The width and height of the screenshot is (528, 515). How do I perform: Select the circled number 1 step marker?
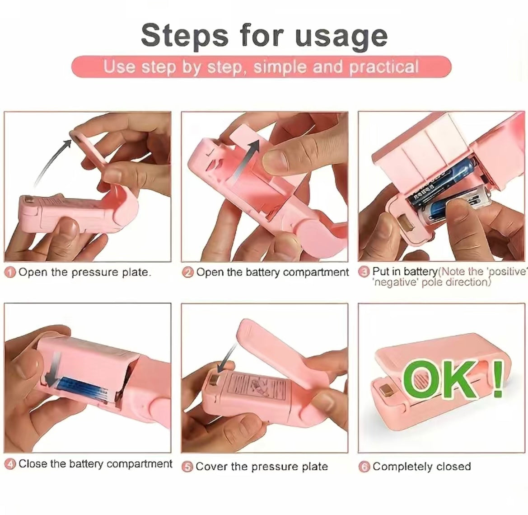click(x=10, y=273)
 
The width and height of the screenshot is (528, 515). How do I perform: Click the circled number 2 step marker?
click(x=188, y=273)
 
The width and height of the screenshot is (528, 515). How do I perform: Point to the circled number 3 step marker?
click(x=364, y=272)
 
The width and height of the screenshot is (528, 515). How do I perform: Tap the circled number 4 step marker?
click(x=10, y=464)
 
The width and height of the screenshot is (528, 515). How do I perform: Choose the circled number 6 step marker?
click(x=364, y=467)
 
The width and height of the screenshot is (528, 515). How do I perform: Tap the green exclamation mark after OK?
click(x=497, y=378)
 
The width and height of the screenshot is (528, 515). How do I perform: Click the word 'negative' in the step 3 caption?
click(x=392, y=282)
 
